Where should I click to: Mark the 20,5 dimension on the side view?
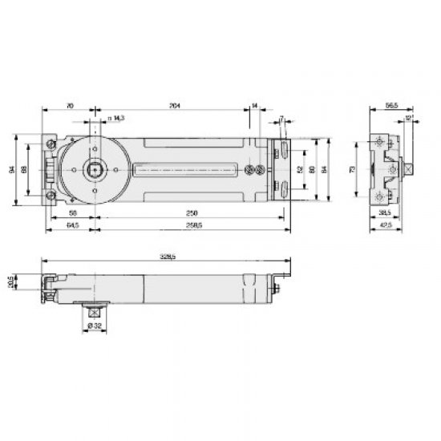click(33, 282)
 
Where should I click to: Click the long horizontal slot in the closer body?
click(188, 170)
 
